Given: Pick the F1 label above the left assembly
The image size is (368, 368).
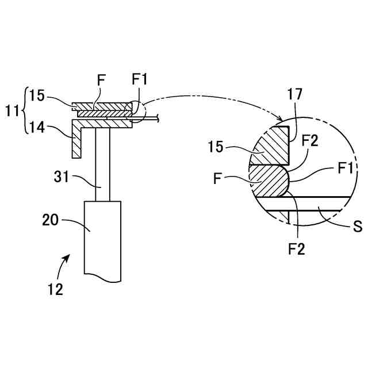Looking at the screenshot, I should [139, 80].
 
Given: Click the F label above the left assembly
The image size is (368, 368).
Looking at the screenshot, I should [101, 80].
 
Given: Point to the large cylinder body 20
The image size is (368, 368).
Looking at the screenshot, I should [103, 239].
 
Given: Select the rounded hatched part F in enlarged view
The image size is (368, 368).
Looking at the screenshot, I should [270, 181].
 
